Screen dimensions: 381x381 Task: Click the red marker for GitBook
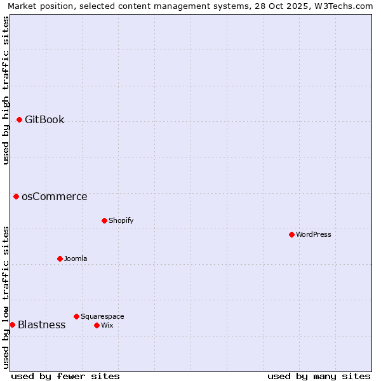click(x=19, y=119)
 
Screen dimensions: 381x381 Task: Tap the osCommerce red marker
click(x=16, y=196)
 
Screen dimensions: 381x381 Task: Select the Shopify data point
click(x=104, y=220)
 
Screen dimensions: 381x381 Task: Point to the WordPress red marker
click(x=291, y=234)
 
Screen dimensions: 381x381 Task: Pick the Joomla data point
click(x=60, y=258)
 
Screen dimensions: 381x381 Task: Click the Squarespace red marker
click(x=76, y=316)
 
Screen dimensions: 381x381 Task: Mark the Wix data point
click(x=97, y=325)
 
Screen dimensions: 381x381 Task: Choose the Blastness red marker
click(x=12, y=324)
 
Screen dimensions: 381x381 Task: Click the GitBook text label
click(x=44, y=119)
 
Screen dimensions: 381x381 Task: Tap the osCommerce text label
click(x=55, y=196)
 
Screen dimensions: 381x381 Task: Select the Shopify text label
click(x=121, y=220)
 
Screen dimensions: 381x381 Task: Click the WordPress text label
click(x=314, y=234)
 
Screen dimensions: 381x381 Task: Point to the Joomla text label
click(x=76, y=258)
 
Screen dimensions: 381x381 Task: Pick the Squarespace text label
click(x=102, y=316)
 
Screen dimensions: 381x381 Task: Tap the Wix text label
click(x=107, y=325)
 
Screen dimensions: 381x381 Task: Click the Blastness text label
click(x=41, y=324)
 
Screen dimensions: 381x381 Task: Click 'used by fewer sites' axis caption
click(x=65, y=376)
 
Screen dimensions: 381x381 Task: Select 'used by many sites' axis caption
click(x=319, y=376)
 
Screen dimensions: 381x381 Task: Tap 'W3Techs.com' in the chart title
click(x=345, y=6)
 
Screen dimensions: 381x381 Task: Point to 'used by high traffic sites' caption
click(x=6, y=90)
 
